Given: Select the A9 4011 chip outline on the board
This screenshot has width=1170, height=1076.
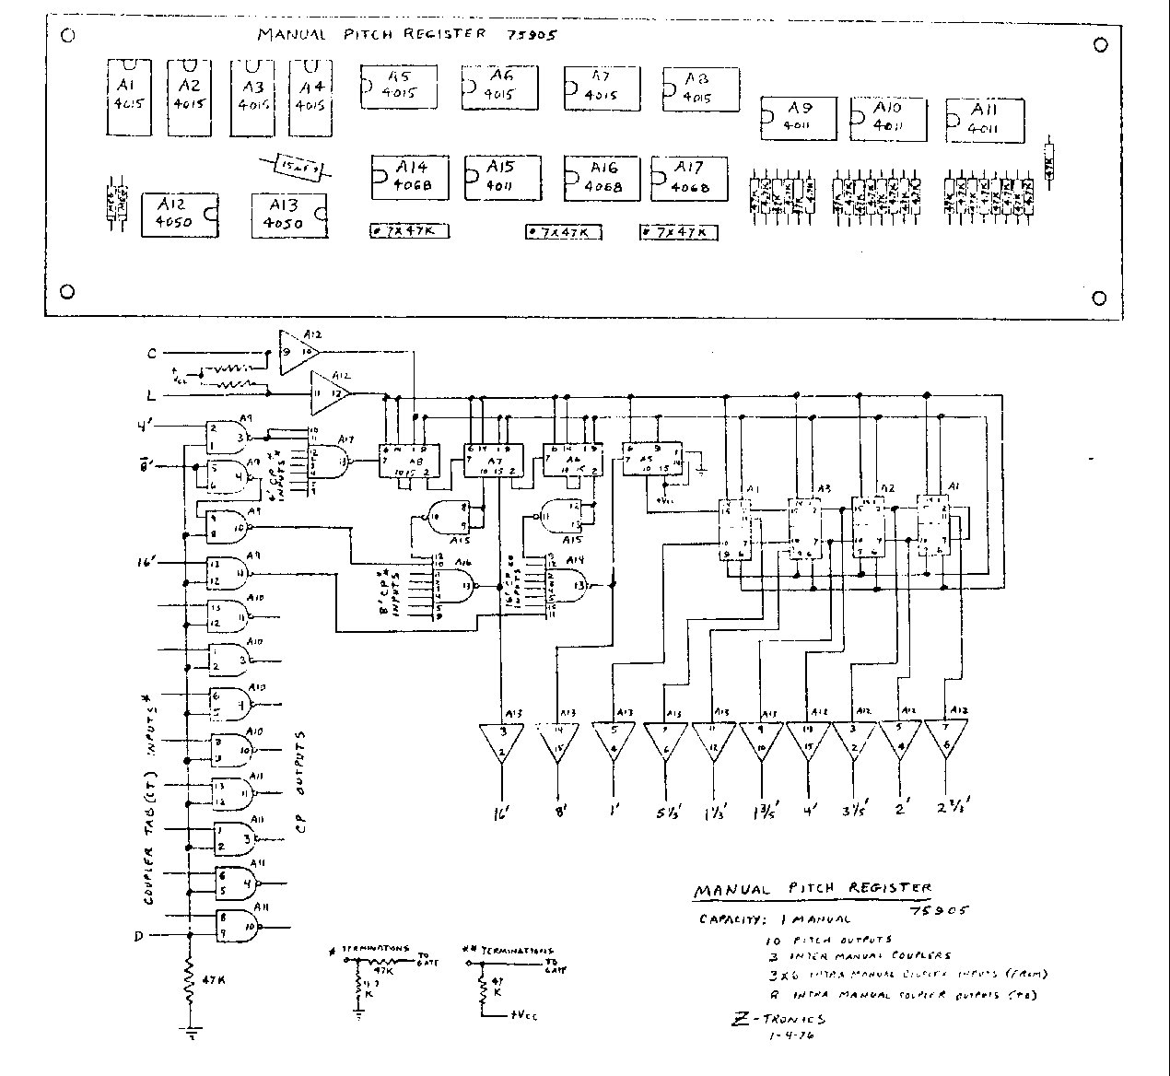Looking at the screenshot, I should coord(797,116).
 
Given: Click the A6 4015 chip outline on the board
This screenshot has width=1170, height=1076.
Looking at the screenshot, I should coord(498,87).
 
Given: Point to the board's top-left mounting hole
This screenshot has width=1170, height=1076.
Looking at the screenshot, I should coord(67,36).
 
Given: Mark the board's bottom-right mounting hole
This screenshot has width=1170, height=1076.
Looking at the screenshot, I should coord(1098,298).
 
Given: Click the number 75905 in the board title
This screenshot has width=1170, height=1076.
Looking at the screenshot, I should coord(532,35).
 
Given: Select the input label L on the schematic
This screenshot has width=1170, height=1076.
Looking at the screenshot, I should coord(150,395).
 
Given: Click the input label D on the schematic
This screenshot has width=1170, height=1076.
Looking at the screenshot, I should coord(138,937).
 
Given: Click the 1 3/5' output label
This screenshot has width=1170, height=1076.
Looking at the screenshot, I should coord(762,812).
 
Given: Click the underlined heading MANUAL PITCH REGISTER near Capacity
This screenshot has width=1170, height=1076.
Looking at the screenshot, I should coord(811,891).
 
